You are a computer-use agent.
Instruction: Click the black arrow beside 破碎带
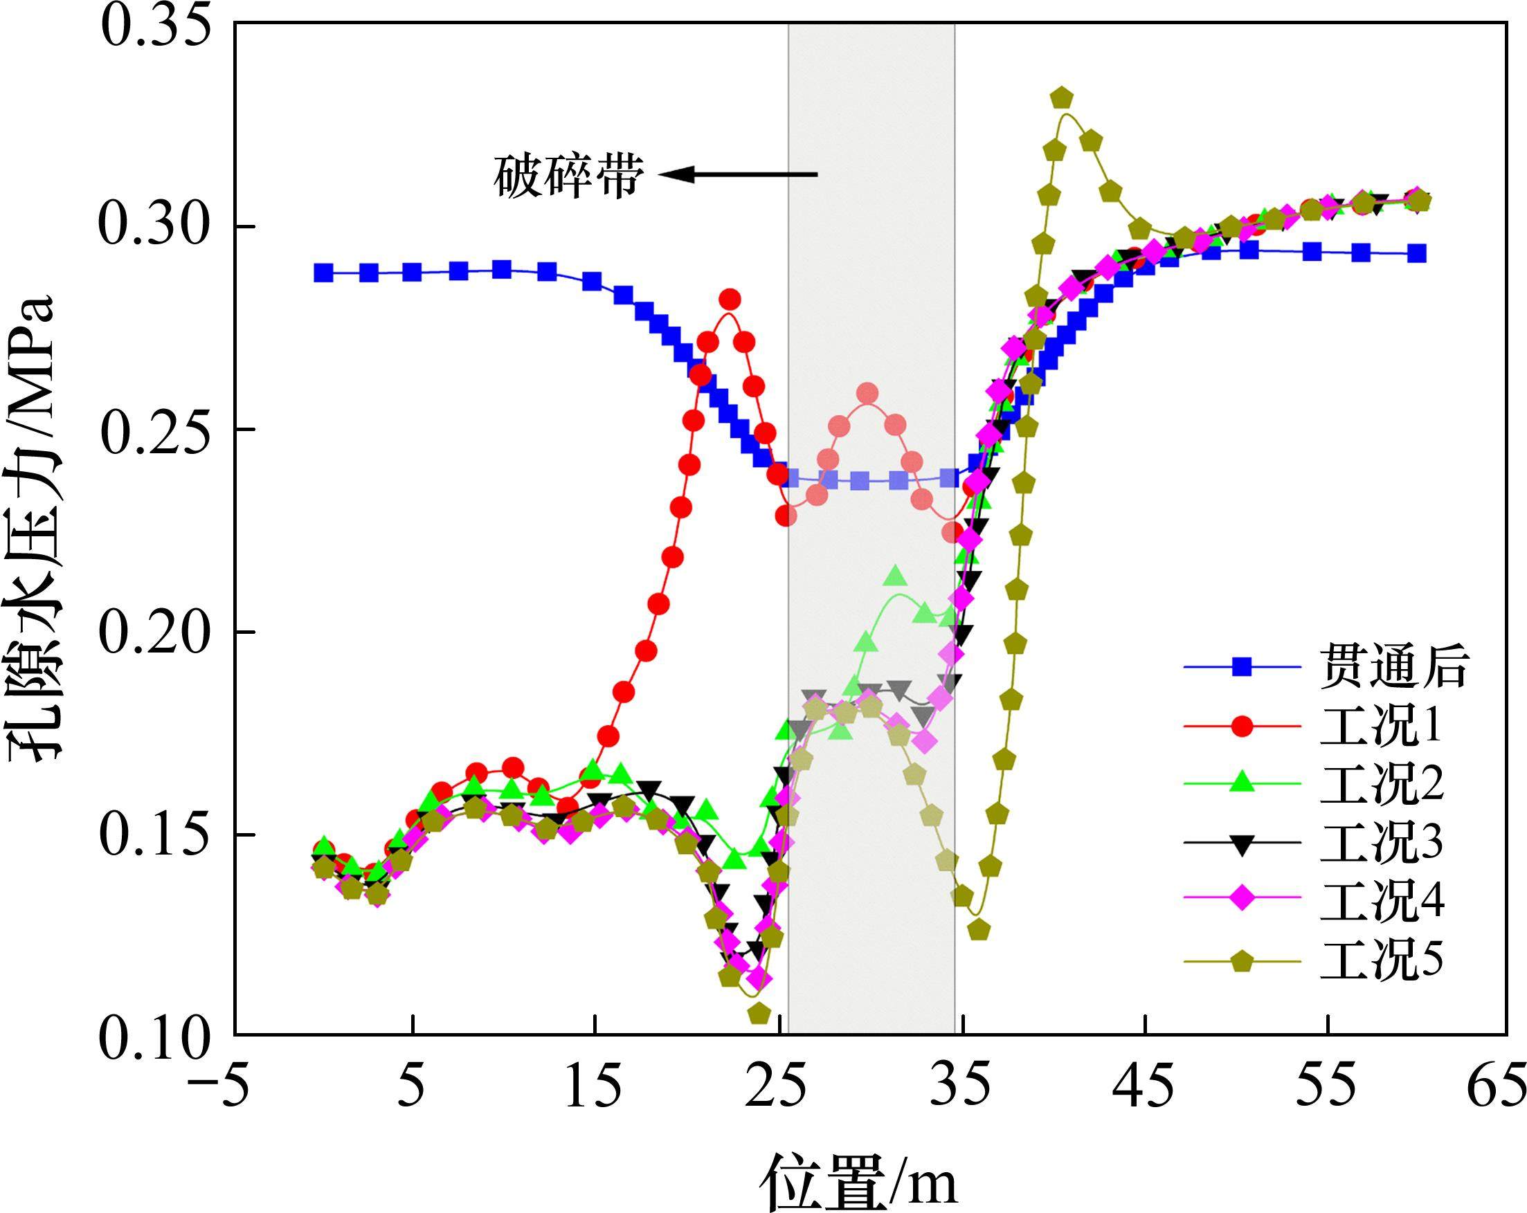[x=738, y=174]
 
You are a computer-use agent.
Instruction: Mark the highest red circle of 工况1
[x=730, y=300]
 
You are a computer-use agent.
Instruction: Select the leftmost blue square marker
[x=324, y=273]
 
